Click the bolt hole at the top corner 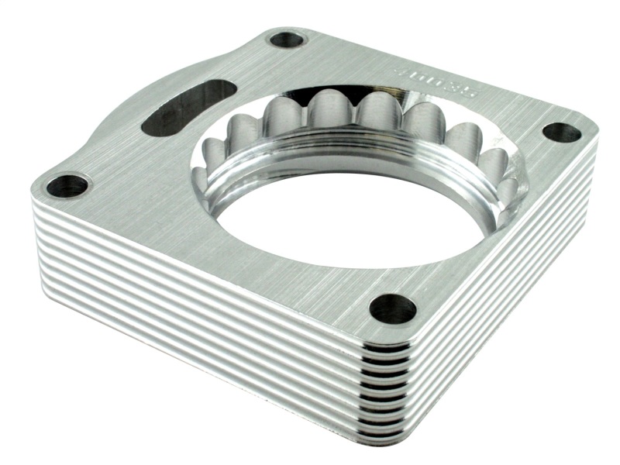[288, 38]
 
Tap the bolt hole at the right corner [561, 133]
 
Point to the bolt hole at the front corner [392, 308]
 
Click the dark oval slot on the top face [189, 110]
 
